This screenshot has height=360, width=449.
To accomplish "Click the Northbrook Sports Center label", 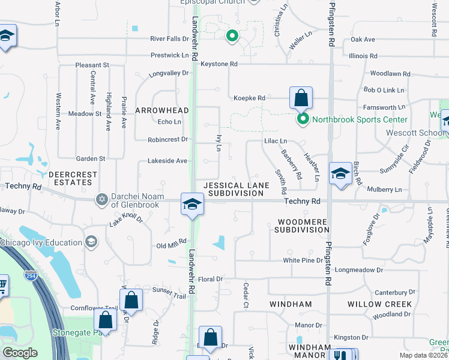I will click(x=360, y=119).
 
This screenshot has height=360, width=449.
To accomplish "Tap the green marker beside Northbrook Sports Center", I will click(x=303, y=119).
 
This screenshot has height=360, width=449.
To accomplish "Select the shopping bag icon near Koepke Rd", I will click(x=301, y=98).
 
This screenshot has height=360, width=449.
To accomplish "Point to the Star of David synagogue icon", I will click(x=101, y=199).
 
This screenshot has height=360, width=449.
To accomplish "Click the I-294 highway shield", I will click(x=30, y=275).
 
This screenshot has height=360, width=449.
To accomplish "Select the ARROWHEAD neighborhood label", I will click(x=162, y=110).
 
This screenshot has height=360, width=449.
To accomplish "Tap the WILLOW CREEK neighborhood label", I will click(x=379, y=304).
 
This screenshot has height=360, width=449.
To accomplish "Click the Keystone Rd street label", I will click(x=219, y=64).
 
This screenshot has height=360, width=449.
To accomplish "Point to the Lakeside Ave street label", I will click(x=163, y=161).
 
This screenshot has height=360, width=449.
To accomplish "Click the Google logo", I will click(x=19, y=352).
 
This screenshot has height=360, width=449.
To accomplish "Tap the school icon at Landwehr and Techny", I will click(x=192, y=205).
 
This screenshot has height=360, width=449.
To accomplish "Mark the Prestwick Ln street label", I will click(x=169, y=55).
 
